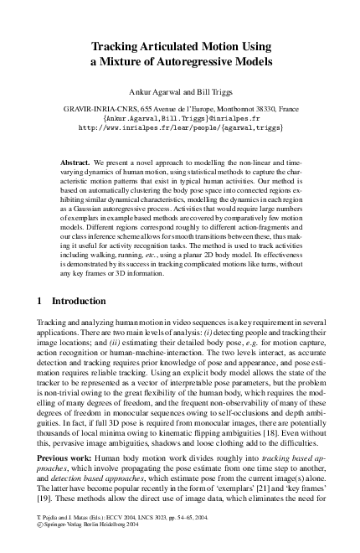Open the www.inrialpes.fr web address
(180, 129)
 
